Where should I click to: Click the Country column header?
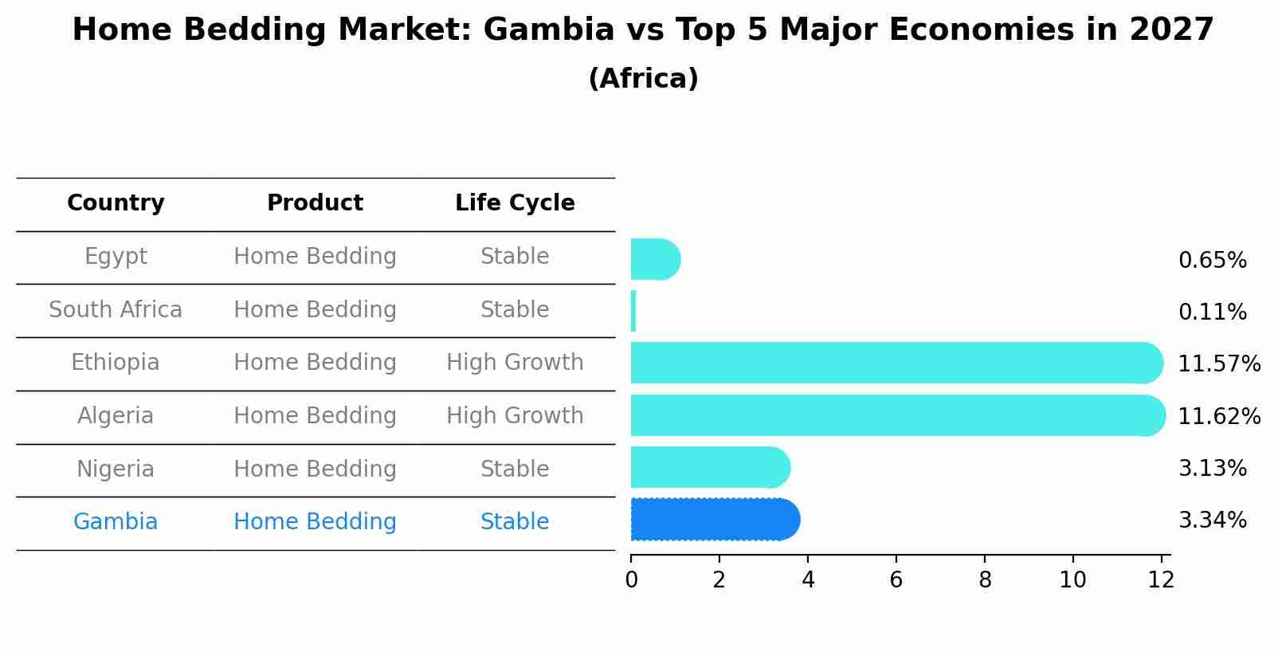tap(116, 203)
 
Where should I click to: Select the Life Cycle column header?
tap(515, 203)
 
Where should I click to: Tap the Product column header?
tap(315, 203)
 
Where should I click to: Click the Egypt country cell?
tap(116, 257)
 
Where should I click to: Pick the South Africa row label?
tap(116, 310)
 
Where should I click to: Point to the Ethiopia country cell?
tap(116, 363)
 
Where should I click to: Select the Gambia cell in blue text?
tap(116, 522)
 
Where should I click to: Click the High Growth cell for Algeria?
tap(515, 416)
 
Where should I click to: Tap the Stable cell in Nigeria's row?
tap(515, 469)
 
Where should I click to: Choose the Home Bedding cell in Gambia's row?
tap(315, 522)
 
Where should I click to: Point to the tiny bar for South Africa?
tap(633, 311)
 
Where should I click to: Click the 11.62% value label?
tap(1219, 417)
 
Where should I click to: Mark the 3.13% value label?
tap(1212, 469)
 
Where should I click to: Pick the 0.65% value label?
tap(1212, 261)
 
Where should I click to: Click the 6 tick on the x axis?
tap(896, 580)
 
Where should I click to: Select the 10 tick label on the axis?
tap(1072, 580)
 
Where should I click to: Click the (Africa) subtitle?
tap(643, 79)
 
